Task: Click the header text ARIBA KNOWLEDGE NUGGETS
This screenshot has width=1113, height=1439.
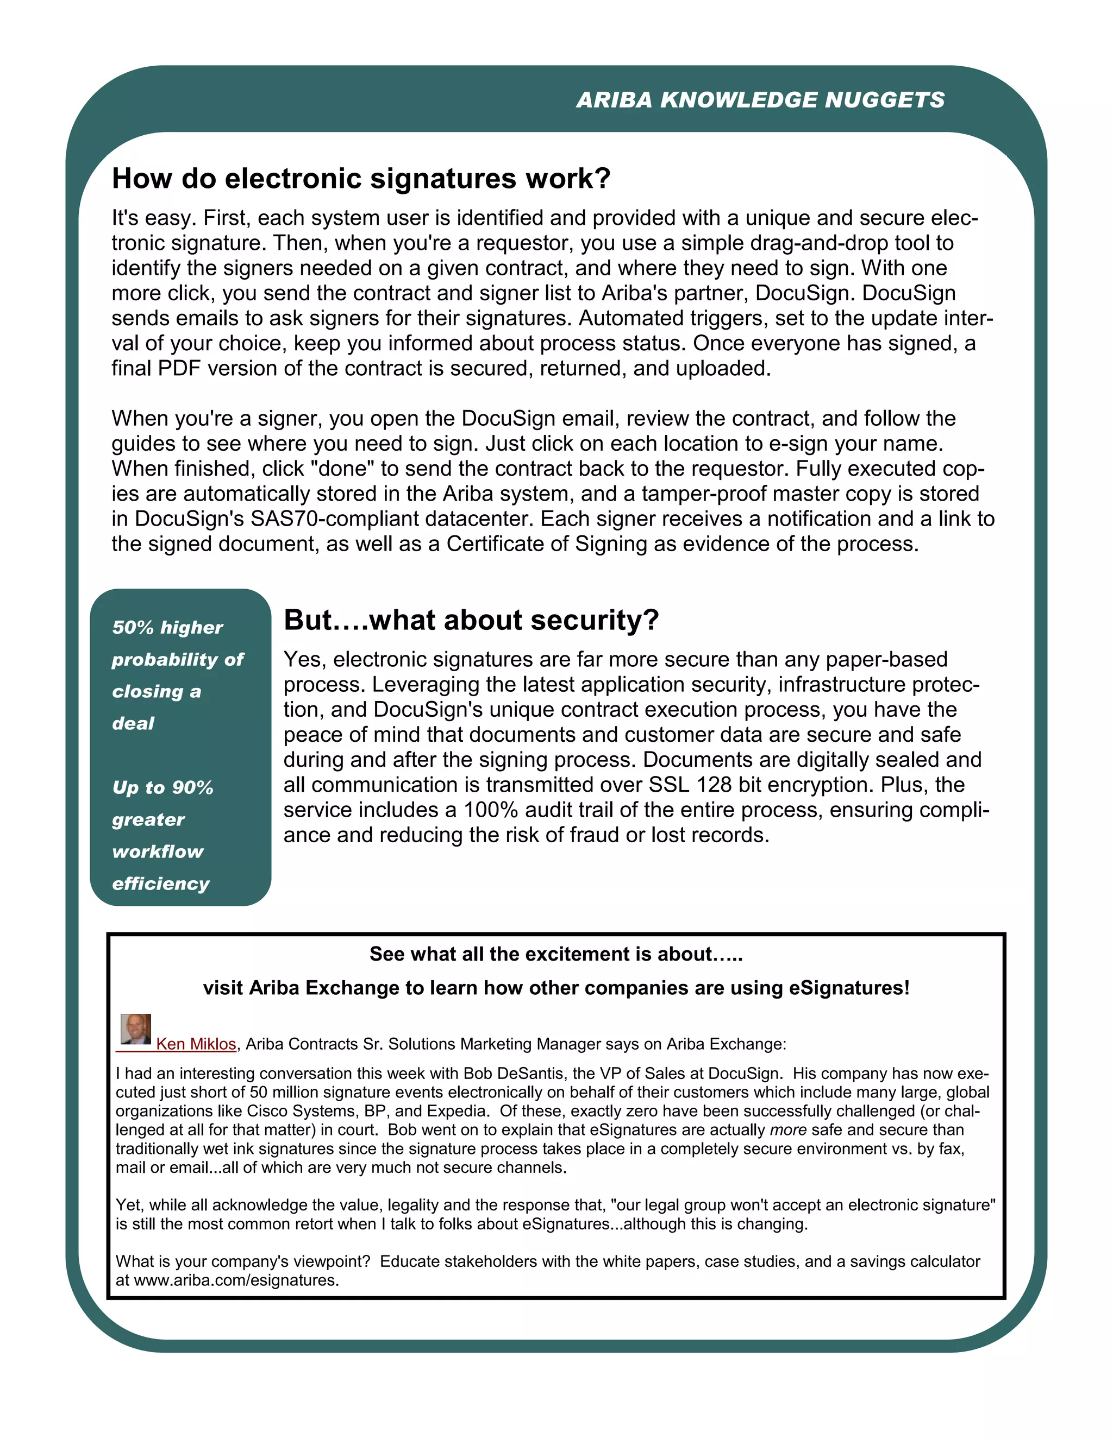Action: [x=760, y=100]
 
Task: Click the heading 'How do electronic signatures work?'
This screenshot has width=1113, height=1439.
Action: [x=361, y=179]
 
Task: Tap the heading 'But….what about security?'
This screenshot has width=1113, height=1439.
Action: [x=471, y=620]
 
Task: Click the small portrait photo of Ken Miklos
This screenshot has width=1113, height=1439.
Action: [x=136, y=1028]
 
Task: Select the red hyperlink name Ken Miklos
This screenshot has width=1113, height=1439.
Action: [x=196, y=1044]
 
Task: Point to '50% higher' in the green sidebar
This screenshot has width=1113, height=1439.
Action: [x=167, y=627]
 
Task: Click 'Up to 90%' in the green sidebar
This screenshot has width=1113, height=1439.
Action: [x=163, y=787]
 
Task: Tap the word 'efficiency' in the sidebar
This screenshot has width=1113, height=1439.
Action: [x=161, y=883]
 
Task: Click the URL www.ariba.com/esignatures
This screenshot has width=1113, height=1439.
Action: [x=236, y=1280]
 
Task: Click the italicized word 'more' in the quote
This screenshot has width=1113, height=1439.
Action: [x=788, y=1130]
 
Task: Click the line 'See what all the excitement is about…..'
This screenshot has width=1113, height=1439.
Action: [x=556, y=954]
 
